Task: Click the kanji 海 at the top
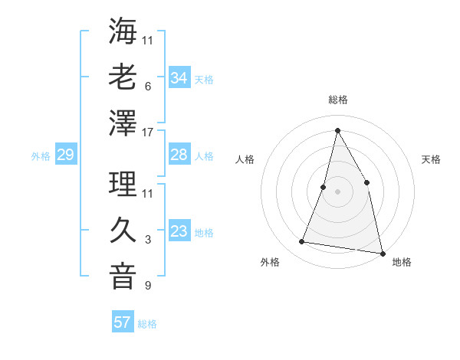[x=123, y=31]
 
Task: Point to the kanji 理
[x=123, y=183]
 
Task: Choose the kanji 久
[x=123, y=229]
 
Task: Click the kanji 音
[x=123, y=275]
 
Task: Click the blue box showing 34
[x=179, y=78]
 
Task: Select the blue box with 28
[x=179, y=155]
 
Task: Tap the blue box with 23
[x=179, y=231]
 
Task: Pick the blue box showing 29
[x=65, y=155]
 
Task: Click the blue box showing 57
[x=123, y=322]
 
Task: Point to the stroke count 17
[x=148, y=133]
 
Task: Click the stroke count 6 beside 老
[x=147, y=86]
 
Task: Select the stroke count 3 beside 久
[x=147, y=240]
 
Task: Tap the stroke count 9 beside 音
[x=147, y=286]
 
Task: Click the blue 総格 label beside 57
[x=147, y=324]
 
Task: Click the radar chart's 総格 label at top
[x=337, y=100]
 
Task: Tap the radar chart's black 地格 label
[x=402, y=262]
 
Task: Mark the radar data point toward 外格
[x=302, y=242]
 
